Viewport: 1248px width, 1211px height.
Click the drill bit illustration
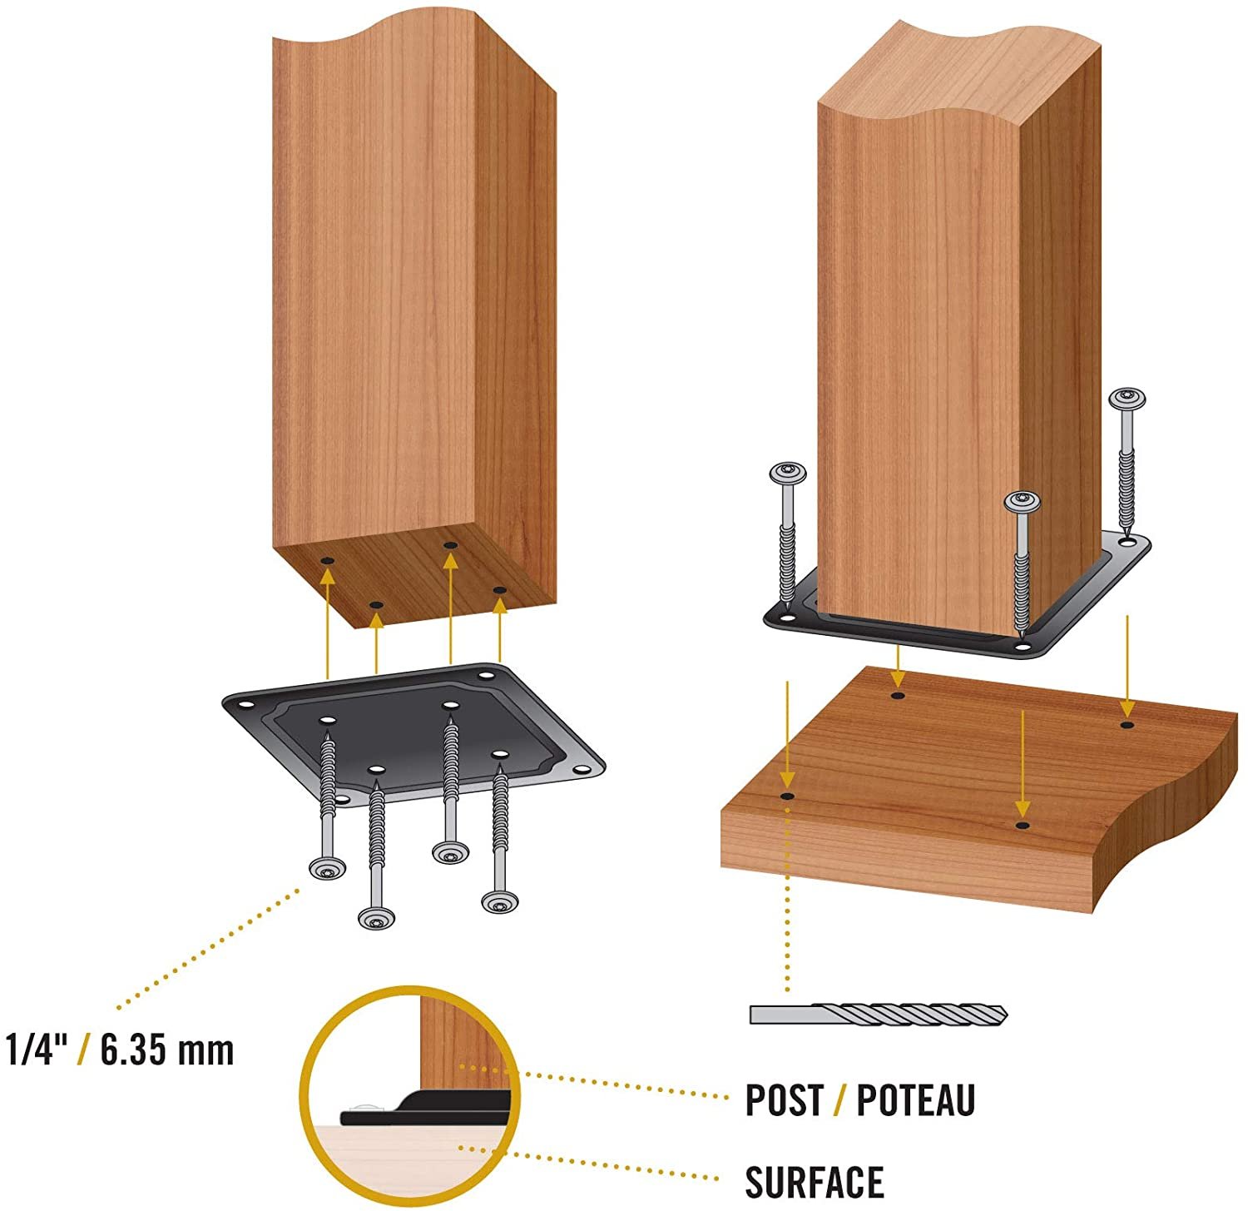[879, 1014]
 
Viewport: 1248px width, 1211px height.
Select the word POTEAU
[915, 1099]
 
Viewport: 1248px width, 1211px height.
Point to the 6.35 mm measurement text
[167, 1050]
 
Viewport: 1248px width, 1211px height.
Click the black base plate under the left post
[414, 733]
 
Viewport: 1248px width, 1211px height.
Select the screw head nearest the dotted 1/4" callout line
[327, 870]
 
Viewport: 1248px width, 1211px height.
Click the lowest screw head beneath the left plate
[376, 918]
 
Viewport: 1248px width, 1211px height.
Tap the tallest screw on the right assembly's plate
[1127, 462]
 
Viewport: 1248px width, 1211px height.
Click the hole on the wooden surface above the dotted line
[786, 797]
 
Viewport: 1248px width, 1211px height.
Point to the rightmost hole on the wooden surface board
[1127, 725]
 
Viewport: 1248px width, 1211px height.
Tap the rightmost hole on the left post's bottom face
[499, 590]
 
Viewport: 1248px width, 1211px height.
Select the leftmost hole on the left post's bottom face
[327, 561]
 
